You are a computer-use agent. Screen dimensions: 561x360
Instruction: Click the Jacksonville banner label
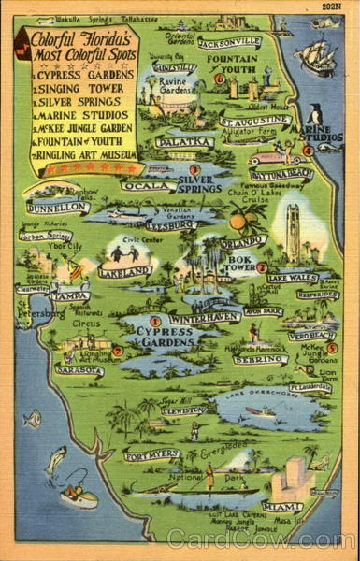(230, 42)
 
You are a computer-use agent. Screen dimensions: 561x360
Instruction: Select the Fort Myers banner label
(152, 455)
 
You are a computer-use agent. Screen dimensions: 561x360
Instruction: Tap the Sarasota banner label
(79, 370)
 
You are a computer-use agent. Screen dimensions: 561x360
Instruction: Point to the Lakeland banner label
(125, 271)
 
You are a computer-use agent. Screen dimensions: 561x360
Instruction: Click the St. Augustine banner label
(254, 122)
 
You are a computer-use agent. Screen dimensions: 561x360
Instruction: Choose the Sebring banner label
(260, 358)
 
